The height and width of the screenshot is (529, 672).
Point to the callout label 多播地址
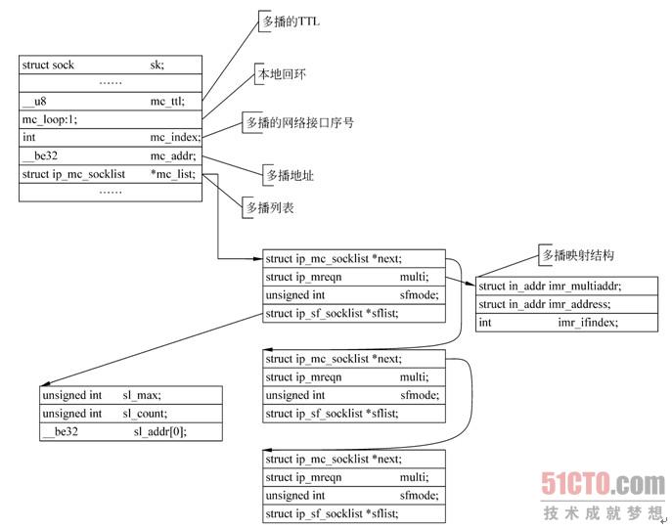290,176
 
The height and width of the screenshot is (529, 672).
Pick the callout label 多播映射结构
577,254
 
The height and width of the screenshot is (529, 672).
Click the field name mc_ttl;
169,101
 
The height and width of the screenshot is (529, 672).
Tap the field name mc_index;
174,138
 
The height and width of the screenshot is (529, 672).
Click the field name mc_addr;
172,156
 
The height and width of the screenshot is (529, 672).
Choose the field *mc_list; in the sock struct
172,175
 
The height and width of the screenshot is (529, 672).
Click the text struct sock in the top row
48,65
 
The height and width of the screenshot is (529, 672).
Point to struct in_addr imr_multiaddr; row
550,286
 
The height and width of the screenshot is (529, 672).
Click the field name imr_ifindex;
588,323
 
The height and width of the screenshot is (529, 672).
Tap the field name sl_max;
141,395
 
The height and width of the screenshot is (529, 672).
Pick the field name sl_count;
145,414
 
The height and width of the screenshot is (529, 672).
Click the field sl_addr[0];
158,431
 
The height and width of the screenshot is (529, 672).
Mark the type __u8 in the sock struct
36,101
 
